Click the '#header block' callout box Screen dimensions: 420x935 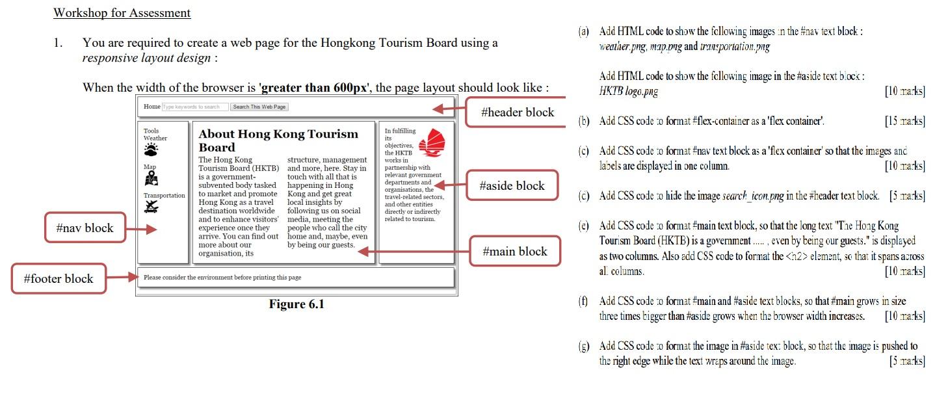point(517,112)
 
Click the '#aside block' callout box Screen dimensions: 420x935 point(512,186)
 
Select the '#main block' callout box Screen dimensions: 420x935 point(514,251)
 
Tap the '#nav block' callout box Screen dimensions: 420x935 point(85,228)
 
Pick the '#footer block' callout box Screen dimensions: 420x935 point(59,278)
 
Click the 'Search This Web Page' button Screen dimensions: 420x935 point(259,107)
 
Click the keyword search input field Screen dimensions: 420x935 point(195,107)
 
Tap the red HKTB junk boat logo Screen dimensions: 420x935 point(430,143)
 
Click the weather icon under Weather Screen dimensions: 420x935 point(151,151)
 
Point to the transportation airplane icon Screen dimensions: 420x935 point(151,207)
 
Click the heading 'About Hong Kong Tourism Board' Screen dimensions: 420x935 point(278,140)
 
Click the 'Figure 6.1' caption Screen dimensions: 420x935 point(296,304)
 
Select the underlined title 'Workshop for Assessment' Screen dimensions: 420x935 point(122,13)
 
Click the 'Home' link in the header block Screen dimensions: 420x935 point(151,107)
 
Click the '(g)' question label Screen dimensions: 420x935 point(583,346)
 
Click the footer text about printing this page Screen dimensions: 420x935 point(222,278)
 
